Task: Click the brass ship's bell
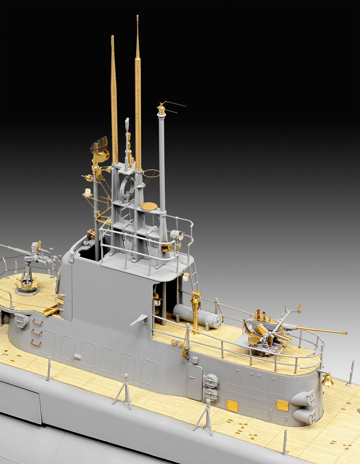pyautogui.click(x=327, y=381)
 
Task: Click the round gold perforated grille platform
pyautogui.click(x=149, y=206)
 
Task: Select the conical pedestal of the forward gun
pyautogui.click(x=27, y=277)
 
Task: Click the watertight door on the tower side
pyautogui.click(x=195, y=381)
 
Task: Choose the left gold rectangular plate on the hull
pyautogui.click(x=232, y=405)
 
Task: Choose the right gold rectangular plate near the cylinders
pyautogui.click(x=282, y=405)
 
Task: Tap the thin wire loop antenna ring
pyautogui.click(x=151, y=174)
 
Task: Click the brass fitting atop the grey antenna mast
pyautogui.click(x=161, y=109)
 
